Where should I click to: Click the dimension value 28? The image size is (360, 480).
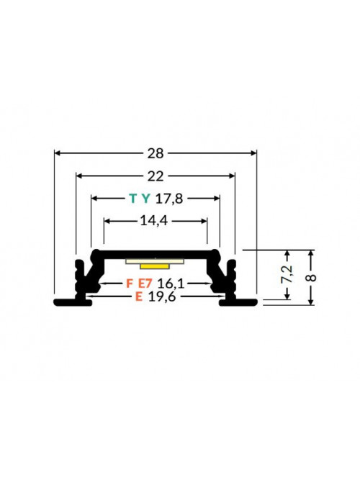(156, 153)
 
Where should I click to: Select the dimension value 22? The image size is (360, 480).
(156, 176)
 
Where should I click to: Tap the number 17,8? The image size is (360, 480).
(169, 199)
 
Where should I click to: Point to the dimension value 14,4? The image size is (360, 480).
(154, 220)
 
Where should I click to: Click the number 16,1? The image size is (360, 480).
(171, 284)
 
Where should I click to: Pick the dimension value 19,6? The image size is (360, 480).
(162, 296)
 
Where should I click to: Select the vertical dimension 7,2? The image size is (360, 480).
(287, 274)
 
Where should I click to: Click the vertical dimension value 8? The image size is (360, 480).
(311, 278)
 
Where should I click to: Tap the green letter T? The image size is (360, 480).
(133, 199)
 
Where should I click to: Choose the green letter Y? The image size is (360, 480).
(146, 199)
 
